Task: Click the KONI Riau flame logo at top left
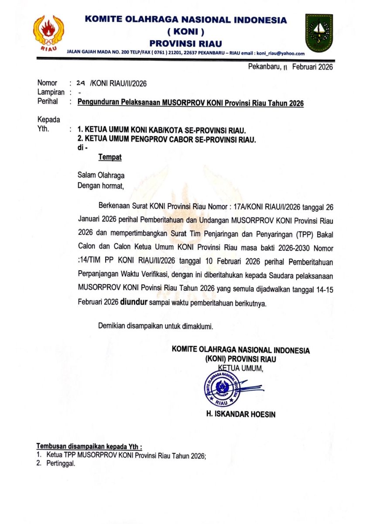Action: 48,33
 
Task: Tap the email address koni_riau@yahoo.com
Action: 280,53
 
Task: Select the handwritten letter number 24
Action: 80,83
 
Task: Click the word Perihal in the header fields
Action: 48,102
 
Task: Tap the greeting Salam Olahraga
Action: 101,176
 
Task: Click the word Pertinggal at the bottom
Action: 61,464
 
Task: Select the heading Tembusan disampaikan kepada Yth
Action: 89,447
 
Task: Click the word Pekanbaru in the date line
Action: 264,67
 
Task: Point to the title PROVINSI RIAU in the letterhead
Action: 185,43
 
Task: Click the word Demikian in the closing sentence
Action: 113,325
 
